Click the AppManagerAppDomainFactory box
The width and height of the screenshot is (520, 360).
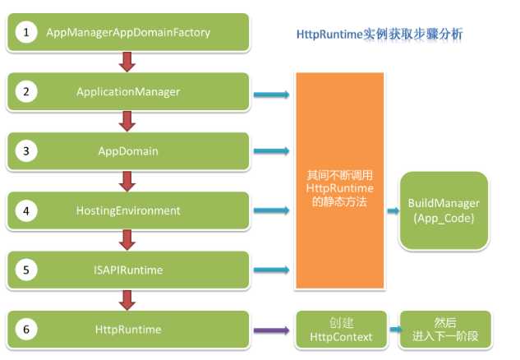click(x=128, y=33)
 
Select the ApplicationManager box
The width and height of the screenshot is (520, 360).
click(x=128, y=92)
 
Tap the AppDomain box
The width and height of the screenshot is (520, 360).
click(x=128, y=151)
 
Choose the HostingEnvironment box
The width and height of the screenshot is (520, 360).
click(x=128, y=210)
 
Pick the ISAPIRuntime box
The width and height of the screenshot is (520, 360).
click(x=128, y=270)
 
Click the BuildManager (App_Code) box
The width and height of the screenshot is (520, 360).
click(x=444, y=210)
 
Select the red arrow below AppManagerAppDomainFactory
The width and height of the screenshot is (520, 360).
click(x=127, y=62)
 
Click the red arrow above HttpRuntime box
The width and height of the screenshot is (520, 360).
click(x=127, y=299)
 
